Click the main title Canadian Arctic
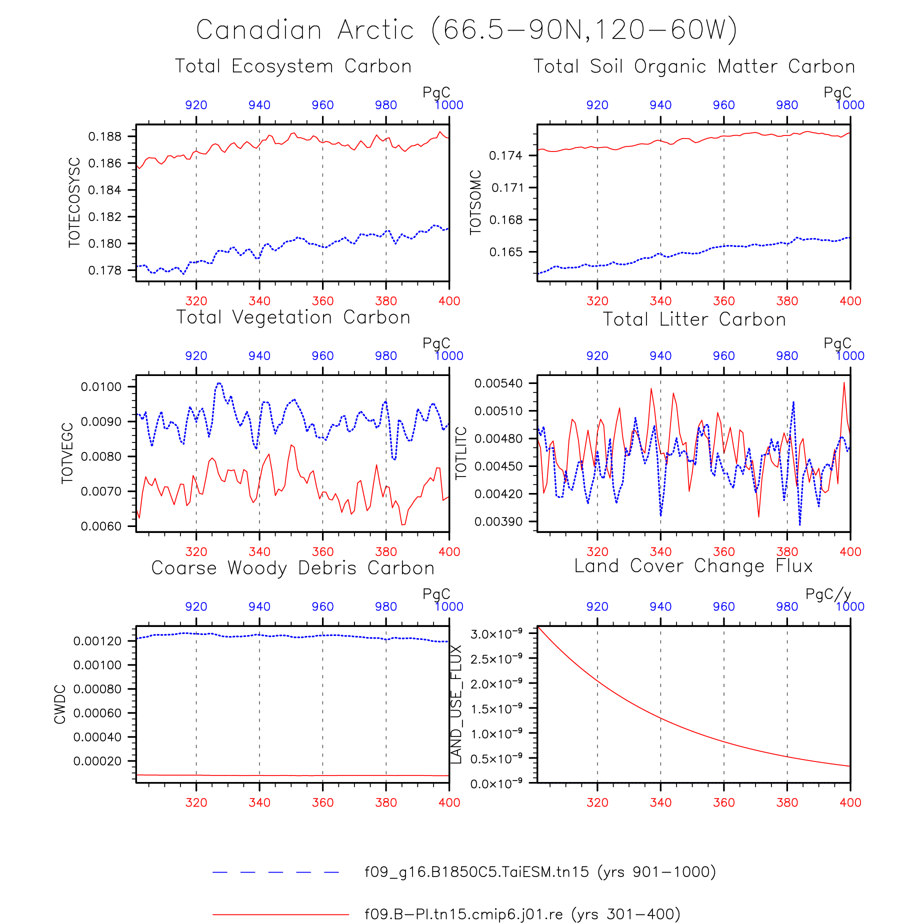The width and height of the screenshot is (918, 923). (305, 30)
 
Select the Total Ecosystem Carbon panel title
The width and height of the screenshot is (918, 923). (293, 66)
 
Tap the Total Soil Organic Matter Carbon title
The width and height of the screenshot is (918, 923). (694, 66)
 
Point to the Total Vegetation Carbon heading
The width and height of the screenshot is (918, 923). (293, 317)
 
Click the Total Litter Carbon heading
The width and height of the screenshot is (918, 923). (694, 319)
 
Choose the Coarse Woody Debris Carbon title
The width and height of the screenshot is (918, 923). (293, 568)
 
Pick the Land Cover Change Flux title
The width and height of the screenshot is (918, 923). (693, 566)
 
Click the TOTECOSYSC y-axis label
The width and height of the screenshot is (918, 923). (74, 202)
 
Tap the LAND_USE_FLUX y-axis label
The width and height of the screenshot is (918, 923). (456, 704)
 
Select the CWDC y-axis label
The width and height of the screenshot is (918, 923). (60, 704)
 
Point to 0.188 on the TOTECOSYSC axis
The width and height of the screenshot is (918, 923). (104, 136)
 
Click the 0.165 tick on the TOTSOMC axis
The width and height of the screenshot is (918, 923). (506, 252)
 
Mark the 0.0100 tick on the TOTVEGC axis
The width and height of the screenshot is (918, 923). (101, 387)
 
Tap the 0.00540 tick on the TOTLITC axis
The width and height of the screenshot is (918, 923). (498, 383)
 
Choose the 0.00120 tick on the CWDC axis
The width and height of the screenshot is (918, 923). (97, 641)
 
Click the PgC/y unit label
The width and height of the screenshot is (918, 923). (828, 594)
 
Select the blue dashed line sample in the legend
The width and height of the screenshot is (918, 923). (276, 872)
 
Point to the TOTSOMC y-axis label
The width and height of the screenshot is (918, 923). (475, 202)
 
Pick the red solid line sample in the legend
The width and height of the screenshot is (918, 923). (280, 914)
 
